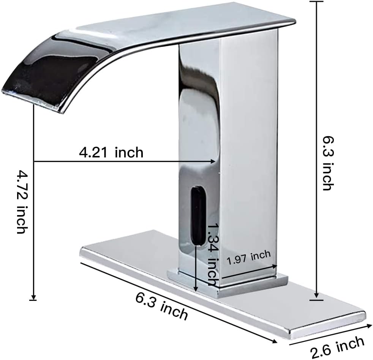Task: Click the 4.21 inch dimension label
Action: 111,152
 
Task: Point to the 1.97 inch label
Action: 248,258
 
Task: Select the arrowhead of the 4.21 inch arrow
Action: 214,161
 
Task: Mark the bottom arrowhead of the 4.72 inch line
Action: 33,297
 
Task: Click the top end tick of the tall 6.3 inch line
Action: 316,2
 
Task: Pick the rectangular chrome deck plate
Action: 304,311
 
